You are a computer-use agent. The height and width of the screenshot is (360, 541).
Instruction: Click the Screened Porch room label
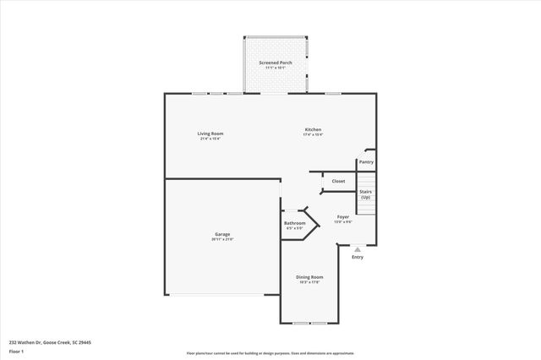275,63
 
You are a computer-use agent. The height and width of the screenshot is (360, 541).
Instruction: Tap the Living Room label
210,134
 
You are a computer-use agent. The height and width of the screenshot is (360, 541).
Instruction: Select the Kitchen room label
313,129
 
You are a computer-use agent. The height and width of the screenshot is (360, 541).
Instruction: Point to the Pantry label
366,161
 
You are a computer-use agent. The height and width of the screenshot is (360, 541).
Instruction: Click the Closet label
338,181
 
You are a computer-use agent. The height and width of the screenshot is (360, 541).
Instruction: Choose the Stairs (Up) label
366,194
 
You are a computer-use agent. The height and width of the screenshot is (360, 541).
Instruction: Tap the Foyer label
343,216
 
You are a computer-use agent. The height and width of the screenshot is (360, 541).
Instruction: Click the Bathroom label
295,223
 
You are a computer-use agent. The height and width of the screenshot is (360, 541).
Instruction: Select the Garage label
222,234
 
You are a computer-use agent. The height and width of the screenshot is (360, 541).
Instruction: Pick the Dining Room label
309,277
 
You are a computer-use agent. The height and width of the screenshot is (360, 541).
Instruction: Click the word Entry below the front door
358,257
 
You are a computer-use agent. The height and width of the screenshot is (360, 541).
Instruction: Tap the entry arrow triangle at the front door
358,250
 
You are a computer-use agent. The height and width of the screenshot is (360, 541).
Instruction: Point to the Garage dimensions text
222,239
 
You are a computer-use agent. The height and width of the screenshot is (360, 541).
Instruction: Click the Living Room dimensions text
210,139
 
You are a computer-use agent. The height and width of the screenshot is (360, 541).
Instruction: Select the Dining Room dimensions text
309,282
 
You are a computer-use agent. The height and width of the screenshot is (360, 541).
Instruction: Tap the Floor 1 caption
16,351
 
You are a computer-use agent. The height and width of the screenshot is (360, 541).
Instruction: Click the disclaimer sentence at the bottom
270,353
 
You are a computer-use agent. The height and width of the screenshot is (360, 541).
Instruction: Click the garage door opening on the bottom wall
215,295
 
